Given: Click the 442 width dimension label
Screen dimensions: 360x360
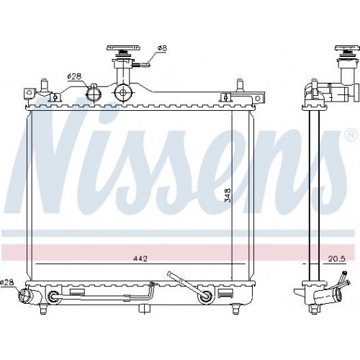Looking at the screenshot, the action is (140, 258).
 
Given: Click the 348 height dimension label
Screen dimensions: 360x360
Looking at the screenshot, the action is (228, 194).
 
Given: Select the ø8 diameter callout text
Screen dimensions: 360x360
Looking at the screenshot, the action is (162, 48).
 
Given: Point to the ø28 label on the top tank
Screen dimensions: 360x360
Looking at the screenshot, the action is (74, 76).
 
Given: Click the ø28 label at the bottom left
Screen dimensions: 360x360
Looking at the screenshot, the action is (6, 282).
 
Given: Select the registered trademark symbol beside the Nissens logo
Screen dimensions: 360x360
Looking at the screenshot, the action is (352, 135).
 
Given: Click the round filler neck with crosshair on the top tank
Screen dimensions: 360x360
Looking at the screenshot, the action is (123, 93).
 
